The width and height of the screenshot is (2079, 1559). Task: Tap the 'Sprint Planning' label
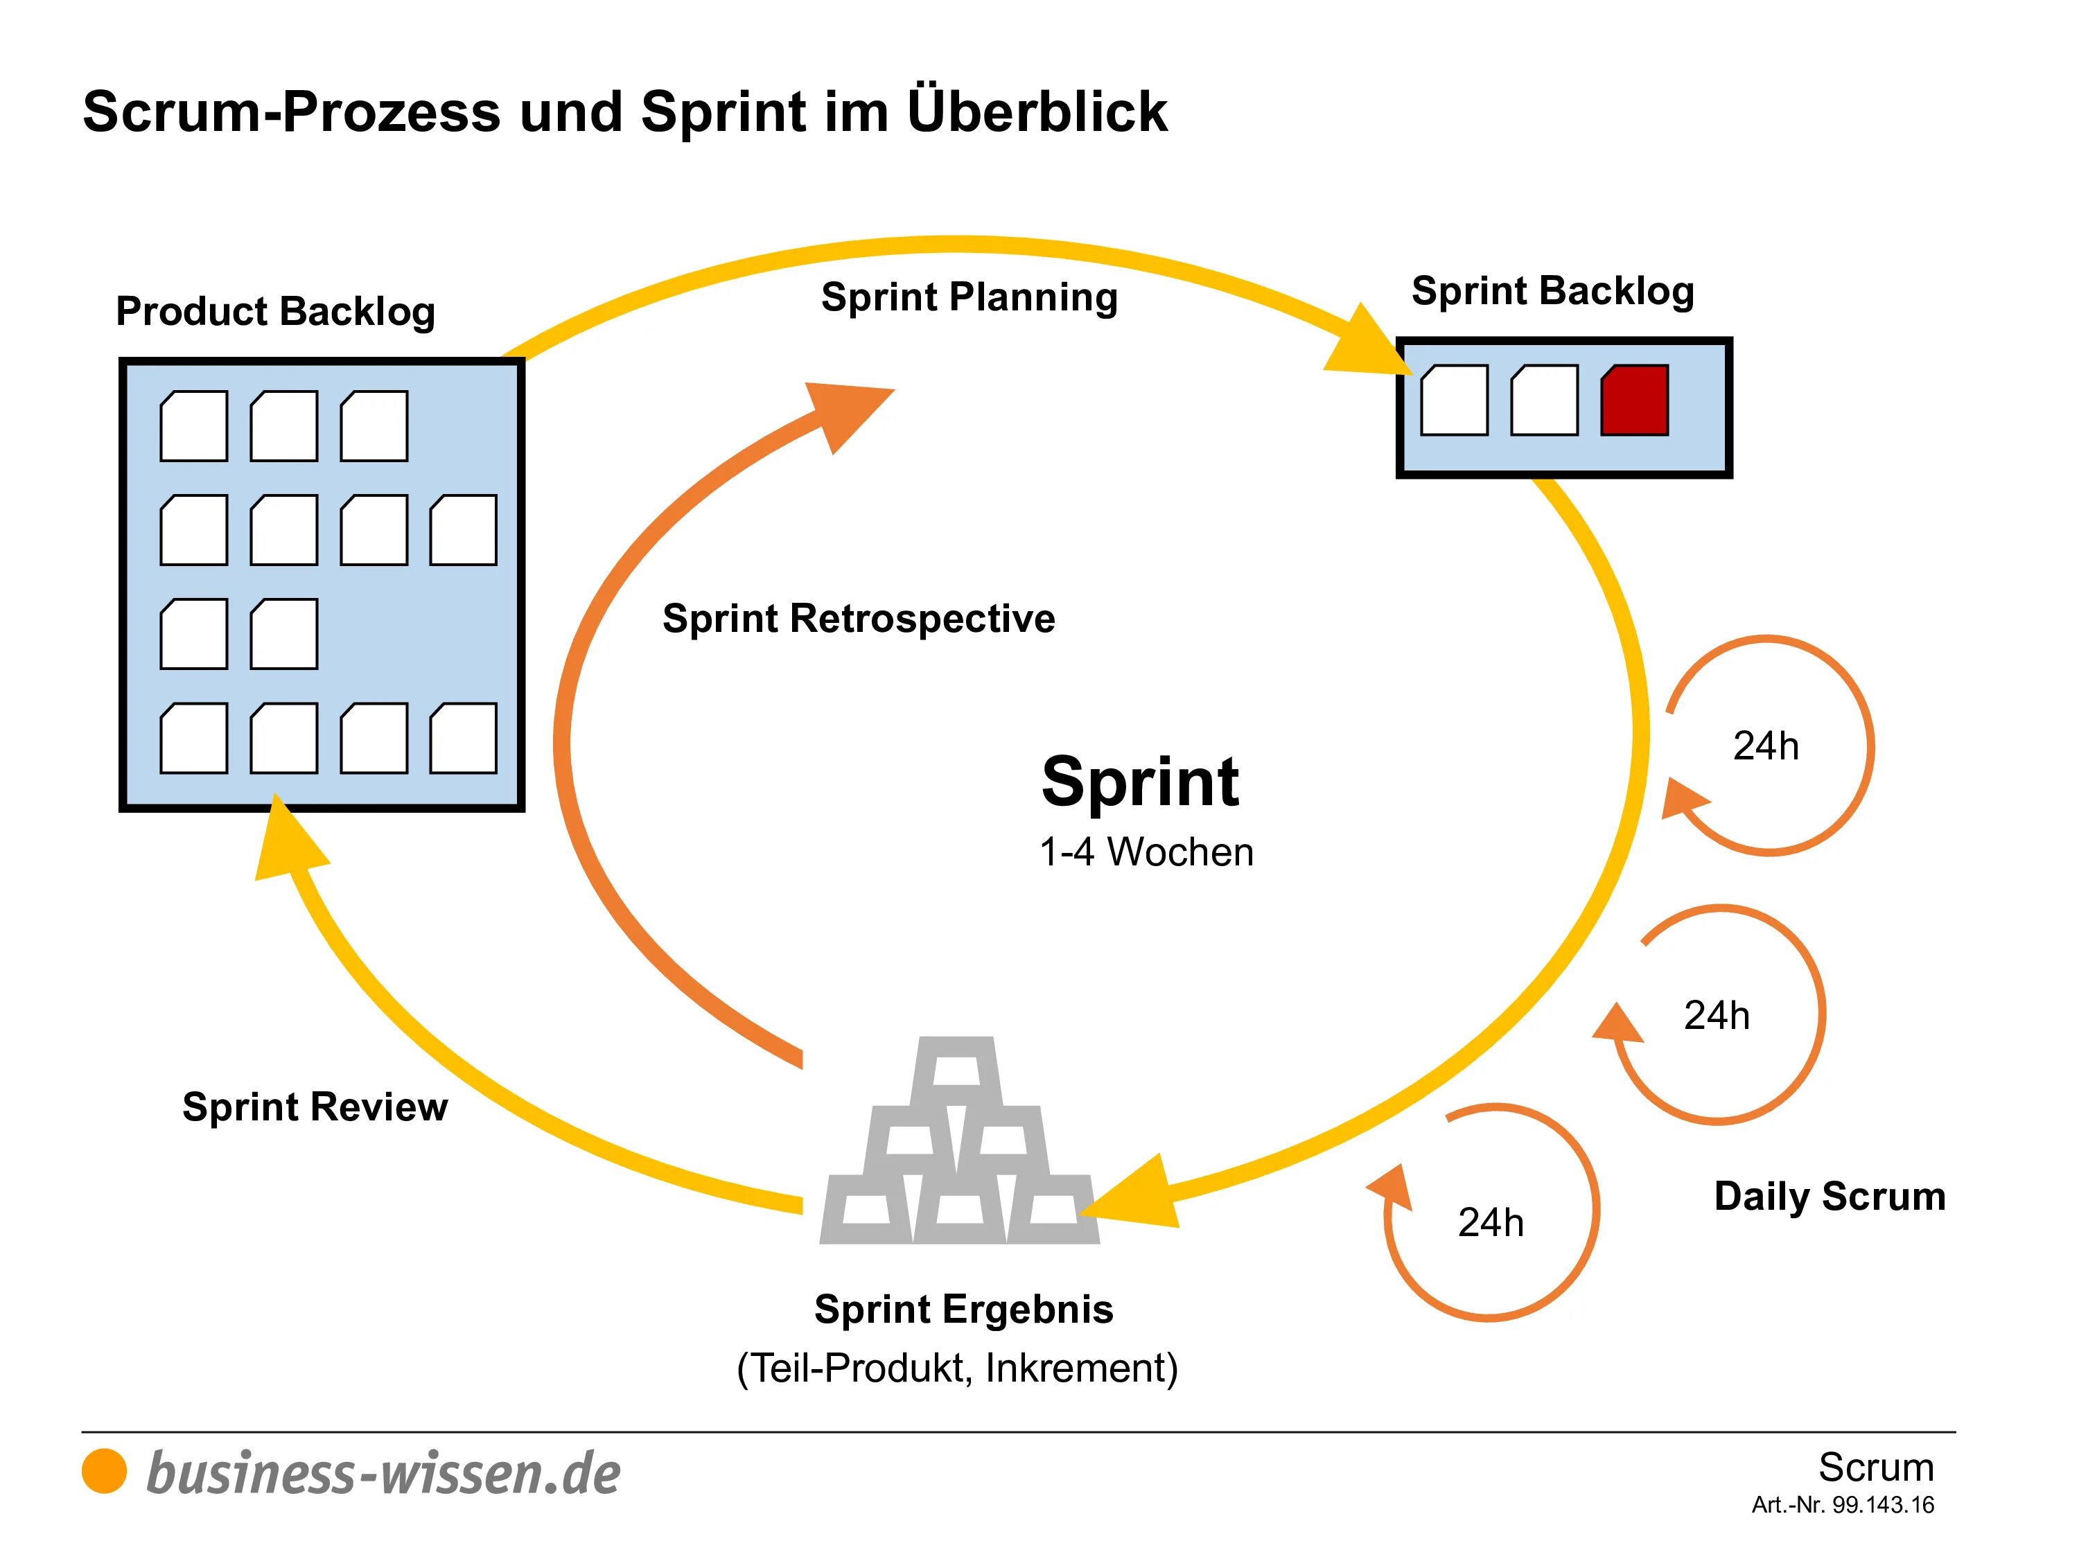pos(969,297)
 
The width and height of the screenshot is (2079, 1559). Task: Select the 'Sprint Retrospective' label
pos(858,618)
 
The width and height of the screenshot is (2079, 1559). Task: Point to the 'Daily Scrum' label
pos(1829,1195)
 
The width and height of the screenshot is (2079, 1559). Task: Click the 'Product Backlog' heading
pos(275,311)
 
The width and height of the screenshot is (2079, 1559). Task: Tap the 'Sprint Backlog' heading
pos(1553,290)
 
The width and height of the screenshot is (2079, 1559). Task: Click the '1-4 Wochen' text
pos(1146,852)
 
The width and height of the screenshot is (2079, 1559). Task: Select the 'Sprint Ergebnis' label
pos(963,1308)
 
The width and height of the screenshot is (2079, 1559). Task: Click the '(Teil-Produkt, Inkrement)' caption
pos(957,1367)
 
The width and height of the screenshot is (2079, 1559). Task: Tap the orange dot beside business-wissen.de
pos(105,1471)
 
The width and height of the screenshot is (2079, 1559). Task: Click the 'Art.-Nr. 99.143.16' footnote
pos(1842,1504)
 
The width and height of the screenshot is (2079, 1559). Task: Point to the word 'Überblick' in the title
pos(1037,111)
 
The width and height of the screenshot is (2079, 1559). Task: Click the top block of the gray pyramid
pos(956,1071)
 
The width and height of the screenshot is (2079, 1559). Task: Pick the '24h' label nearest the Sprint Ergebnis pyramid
pos(1491,1222)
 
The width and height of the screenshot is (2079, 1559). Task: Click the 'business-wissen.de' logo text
pos(383,1472)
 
